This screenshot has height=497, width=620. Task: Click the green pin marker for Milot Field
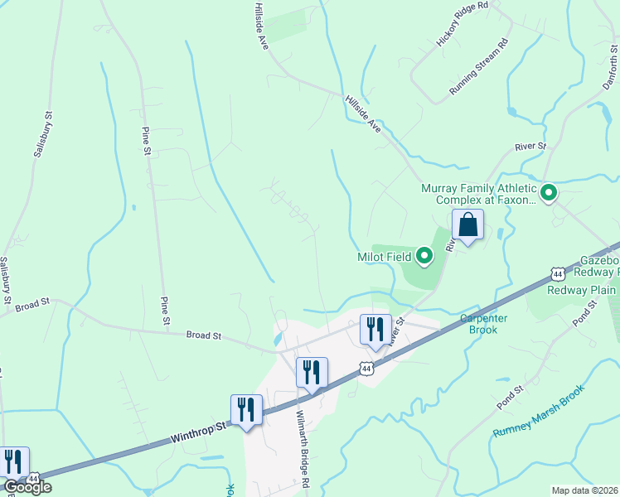click(424, 256)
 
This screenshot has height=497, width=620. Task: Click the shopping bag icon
click(467, 224)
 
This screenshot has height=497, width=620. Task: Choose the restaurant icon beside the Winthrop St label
click(246, 409)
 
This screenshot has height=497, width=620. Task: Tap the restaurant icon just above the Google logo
click(13, 461)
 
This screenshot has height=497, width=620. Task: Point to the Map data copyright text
click(585, 490)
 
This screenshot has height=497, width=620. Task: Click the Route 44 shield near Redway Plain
click(557, 274)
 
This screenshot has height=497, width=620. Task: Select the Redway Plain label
click(582, 290)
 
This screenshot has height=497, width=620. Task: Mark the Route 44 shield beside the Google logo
click(33, 479)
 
